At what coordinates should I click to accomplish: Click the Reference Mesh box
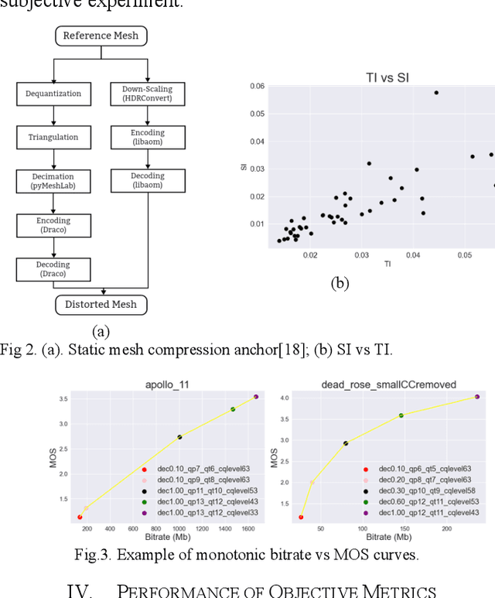101,36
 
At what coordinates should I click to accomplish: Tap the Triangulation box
53,137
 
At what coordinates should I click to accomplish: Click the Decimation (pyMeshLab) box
53,181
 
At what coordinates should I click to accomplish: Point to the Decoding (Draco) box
53,269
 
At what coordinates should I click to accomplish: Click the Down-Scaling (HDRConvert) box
148,94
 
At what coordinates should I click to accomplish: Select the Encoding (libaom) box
148,138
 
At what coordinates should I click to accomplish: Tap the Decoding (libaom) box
148,181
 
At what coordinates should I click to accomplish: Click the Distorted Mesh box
101,304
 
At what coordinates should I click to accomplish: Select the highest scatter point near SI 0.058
436,93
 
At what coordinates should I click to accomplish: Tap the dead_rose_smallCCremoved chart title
384,384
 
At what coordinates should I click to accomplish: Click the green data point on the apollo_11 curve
233,409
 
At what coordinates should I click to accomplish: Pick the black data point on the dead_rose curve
346,443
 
